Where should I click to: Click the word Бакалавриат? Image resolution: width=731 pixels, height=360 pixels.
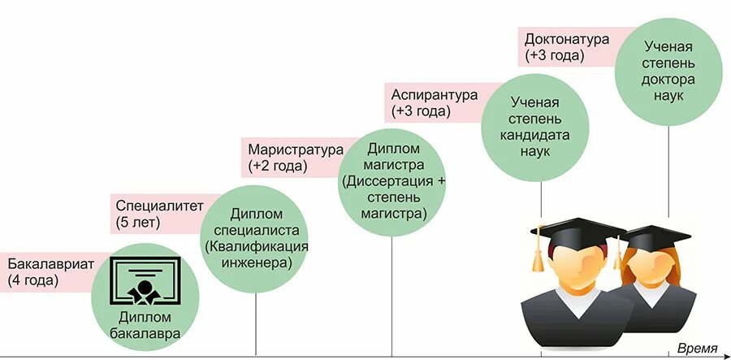pyautogui.click(x=52, y=265)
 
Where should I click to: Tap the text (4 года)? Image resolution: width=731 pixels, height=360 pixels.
pyautogui.click(x=33, y=281)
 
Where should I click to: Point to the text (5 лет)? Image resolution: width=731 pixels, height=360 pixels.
pyautogui.click(x=138, y=222)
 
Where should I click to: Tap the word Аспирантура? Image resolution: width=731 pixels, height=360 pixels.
pyautogui.click(x=435, y=94)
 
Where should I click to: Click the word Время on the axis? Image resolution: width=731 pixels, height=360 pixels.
pyautogui.click(x=698, y=349)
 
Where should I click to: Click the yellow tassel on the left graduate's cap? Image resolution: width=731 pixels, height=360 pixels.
pyautogui.click(x=536, y=256)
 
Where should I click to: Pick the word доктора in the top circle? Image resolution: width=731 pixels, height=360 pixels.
pyautogui.click(x=668, y=79)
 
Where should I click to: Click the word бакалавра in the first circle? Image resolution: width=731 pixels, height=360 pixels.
pyautogui.click(x=145, y=332)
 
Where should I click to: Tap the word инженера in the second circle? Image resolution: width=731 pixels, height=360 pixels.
pyautogui.click(x=256, y=262)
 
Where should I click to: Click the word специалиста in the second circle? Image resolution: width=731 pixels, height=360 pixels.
pyautogui.click(x=256, y=230)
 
